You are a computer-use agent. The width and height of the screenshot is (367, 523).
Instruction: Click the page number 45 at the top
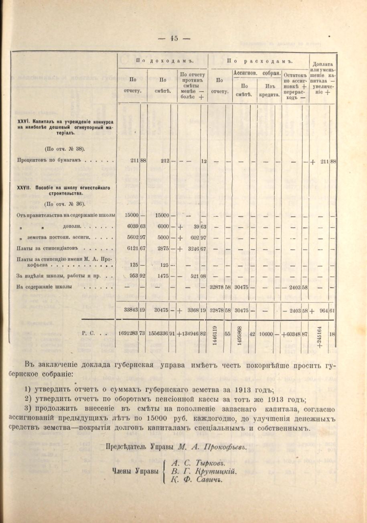point(174,39)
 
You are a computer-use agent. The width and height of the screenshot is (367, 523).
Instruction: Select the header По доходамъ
point(163,61)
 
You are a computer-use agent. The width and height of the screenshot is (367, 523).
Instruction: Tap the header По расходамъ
point(258,61)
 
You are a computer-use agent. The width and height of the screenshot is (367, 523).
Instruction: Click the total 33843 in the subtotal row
point(131,310)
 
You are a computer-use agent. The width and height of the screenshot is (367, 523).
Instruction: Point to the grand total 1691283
point(128,333)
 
